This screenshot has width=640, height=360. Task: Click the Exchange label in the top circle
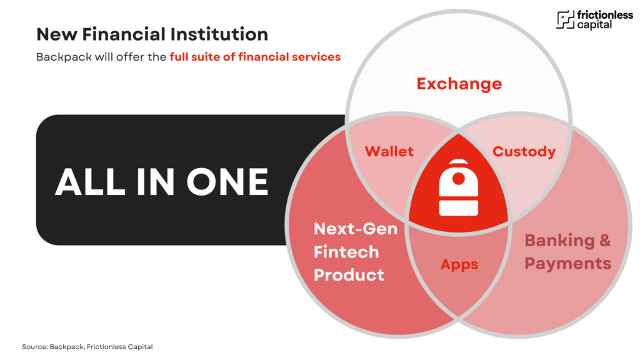pyautogui.click(x=459, y=84)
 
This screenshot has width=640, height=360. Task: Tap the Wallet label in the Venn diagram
pyautogui.click(x=389, y=151)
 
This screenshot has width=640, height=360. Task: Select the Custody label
pyautogui.click(x=524, y=152)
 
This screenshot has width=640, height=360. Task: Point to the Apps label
pyautogui.click(x=459, y=264)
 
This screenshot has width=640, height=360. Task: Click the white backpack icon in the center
pyautogui.click(x=458, y=187)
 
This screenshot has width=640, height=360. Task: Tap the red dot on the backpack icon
pyautogui.click(x=459, y=178)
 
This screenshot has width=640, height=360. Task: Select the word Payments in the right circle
pyautogui.click(x=567, y=264)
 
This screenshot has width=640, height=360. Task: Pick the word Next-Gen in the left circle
pyautogui.click(x=356, y=229)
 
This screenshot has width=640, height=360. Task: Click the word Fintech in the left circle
pyautogui.click(x=346, y=252)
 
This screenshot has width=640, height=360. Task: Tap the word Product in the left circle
pyautogui.click(x=349, y=275)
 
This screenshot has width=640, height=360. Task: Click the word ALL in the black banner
pyautogui.click(x=90, y=182)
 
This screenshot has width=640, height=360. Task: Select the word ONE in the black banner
pyautogui.click(x=227, y=182)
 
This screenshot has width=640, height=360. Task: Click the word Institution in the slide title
pyautogui.click(x=219, y=34)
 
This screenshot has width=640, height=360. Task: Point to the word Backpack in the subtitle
pyautogui.click(x=64, y=57)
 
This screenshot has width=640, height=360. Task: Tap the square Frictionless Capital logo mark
pyautogui.click(x=565, y=19)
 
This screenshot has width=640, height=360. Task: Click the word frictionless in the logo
pyautogui.click(x=605, y=15)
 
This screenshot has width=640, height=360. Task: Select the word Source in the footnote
pyautogui.click(x=35, y=346)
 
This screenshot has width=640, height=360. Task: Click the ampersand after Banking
pyautogui.click(x=605, y=241)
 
